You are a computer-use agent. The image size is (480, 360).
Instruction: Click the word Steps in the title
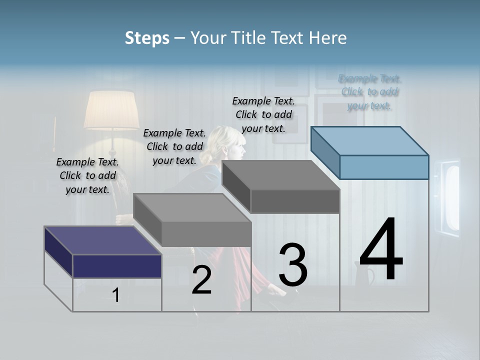click(147, 38)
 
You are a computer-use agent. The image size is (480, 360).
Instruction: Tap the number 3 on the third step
click(293, 265)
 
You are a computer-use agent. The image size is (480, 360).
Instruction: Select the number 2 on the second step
click(201, 280)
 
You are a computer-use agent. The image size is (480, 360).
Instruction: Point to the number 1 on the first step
click(116, 295)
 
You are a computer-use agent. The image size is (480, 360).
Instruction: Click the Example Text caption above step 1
click(87, 175)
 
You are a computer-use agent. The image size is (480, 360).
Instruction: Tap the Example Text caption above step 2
click(174, 146)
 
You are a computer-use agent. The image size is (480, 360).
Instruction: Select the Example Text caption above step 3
click(263, 114)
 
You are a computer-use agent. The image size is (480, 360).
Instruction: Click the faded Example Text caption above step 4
click(369, 92)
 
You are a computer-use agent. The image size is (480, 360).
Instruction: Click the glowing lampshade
click(111, 110)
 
